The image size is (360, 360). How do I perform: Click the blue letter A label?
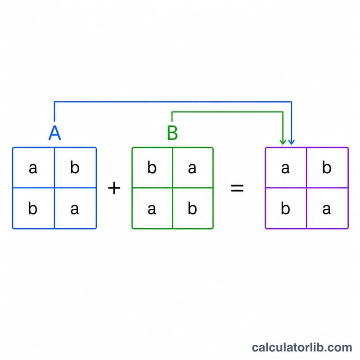click(x=54, y=133)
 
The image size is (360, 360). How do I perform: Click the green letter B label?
click(x=172, y=133)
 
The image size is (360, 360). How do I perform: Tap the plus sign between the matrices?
click(x=114, y=188)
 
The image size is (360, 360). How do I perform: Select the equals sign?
click(x=237, y=188)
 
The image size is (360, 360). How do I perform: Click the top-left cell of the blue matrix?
click(x=33, y=167)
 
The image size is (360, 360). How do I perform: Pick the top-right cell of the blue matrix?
click(x=76, y=167)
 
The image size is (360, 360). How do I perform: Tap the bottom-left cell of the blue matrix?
click(x=33, y=208)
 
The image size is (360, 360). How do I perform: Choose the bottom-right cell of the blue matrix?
click(x=76, y=208)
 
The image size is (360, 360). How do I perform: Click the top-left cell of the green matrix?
click(x=153, y=167)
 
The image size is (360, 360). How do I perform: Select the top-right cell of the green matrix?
click(x=193, y=167)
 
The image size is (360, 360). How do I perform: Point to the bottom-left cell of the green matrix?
click(x=153, y=208)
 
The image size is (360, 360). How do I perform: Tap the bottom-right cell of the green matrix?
click(x=193, y=208)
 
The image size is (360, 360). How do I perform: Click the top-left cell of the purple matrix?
click(x=286, y=167)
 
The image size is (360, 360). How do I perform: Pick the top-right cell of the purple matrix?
click(x=328, y=167)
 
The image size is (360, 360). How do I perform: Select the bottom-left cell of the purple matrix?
click(x=286, y=208)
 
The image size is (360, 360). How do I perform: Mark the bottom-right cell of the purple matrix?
click(x=328, y=208)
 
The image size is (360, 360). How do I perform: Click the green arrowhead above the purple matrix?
click(x=283, y=142)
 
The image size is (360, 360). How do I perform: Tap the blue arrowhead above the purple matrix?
click(x=292, y=142)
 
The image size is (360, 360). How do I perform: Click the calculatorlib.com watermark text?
click(x=302, y=347)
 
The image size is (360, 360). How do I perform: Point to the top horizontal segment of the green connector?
click(x=227, y=112)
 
